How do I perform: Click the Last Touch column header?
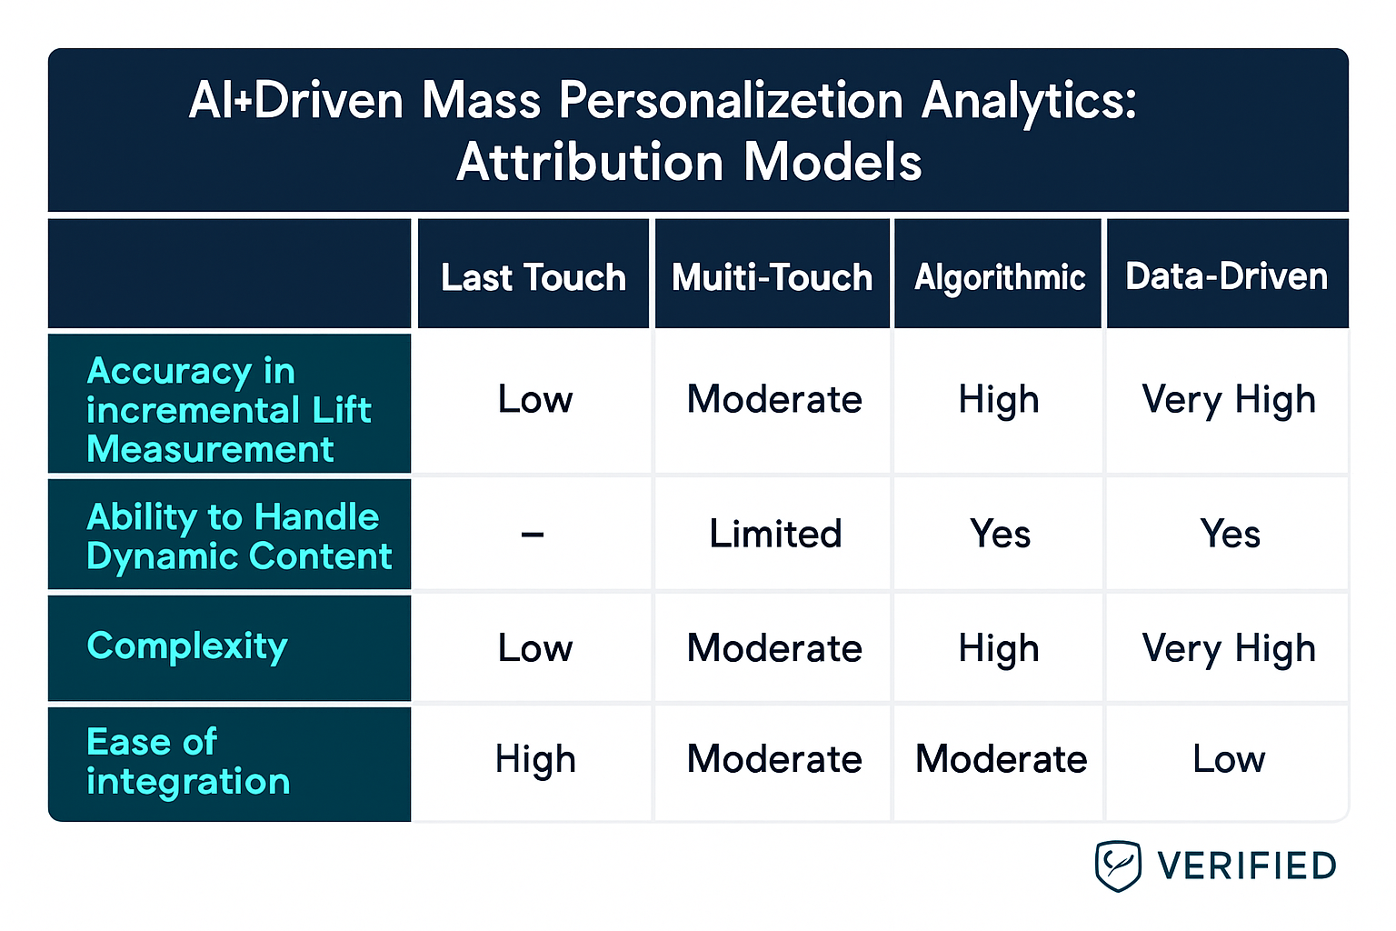pyautogui.click(x=533, y=277)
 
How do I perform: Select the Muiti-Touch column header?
pyautogui.click(x=772, y=277)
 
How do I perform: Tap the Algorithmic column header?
pyautogui.click(x=999, y=277)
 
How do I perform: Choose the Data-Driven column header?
pyautogui.click(x=1226, y=276)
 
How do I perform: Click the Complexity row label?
pyautogui.click(x=187, y=646)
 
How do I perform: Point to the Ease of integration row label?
pyautogui.click(x=188, y=762)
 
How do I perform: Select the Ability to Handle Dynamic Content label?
pyautogui.click(x=238, y=536)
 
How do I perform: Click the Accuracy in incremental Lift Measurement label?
pyautogui.click(x=227, y=409)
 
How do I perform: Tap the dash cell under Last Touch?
pyautogui.click(x=533, y=535)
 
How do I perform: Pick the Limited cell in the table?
pyautogui.click(x=775, y=534)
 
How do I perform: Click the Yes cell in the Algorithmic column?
pyautogui.click(x=1000, y=534)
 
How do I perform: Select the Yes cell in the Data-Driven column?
pyautogui.click(x=1230, y=534)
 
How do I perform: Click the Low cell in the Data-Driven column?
pyautogui.click(x=1229, y=759)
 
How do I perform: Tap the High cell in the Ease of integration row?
pyautogui.click(x=535, y=759)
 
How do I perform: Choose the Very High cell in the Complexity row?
pyautogui.click(x=1229, y=648)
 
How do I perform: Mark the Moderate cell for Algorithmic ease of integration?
pyautogui.click(x=1001, y=759)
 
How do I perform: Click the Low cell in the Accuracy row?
pyautogui.click(x=535, y=400)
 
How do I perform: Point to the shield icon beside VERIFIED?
pyautogui.click(x=1117, y=866)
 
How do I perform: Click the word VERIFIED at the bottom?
pyautogui.click(x=1246, y=866)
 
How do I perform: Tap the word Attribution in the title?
pyautogui.click(x=590, y=163)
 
